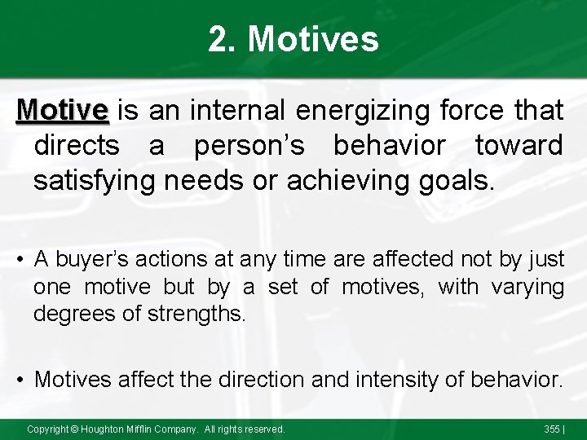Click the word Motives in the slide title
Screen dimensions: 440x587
click(313, 39)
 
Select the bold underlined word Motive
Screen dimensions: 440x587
click(63, 109)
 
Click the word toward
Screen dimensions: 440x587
click(519, 144)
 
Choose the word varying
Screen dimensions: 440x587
click(528, 287)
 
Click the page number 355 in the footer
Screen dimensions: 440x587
click(553, 429)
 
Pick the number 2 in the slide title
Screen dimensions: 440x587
click(218, 39)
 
